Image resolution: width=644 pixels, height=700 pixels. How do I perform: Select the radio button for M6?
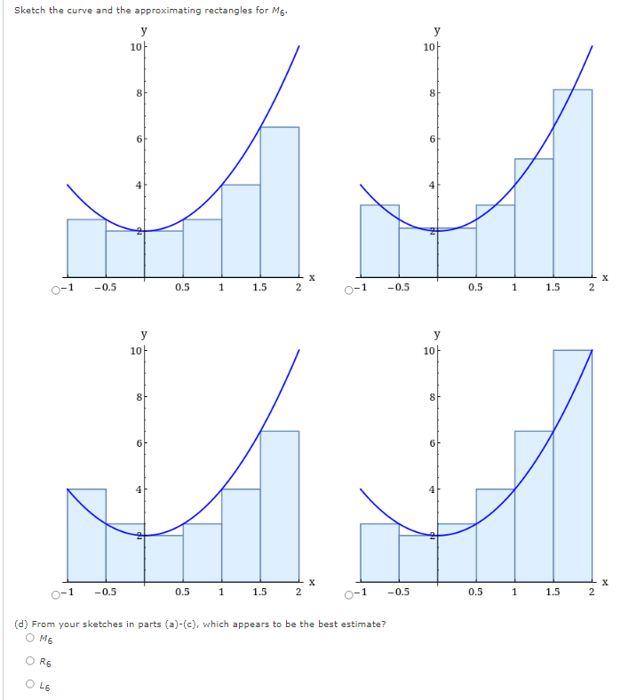(x=31, y=639)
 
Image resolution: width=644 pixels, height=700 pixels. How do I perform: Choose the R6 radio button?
(x=31, y=660)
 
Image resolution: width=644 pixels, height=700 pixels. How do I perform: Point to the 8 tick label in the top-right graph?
(x=431, y=92)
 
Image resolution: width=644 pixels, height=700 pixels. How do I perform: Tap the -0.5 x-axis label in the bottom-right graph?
(x=399, y=592)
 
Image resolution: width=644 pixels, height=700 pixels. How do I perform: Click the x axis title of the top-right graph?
(x=605, y=277)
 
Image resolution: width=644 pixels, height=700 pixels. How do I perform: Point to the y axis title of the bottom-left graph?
(x=142, y=334)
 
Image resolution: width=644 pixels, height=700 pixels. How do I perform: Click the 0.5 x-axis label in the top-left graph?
(x=183, y=287)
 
